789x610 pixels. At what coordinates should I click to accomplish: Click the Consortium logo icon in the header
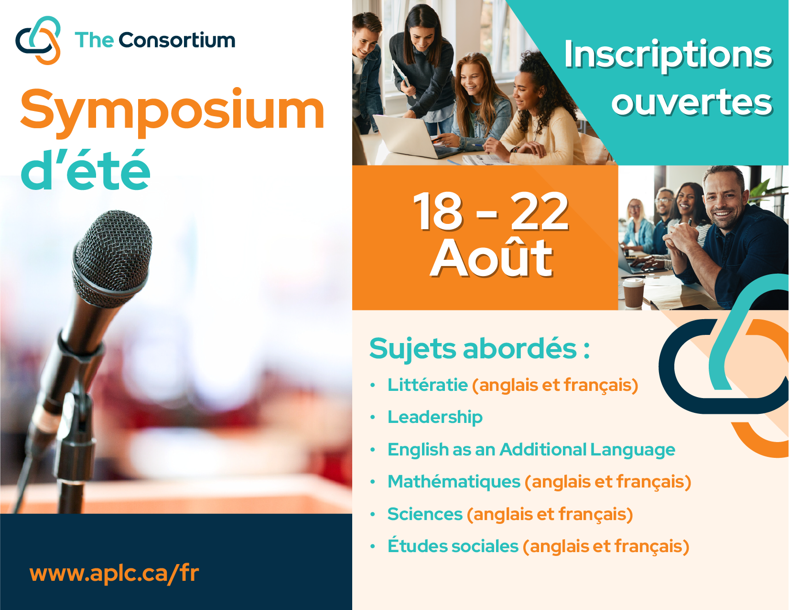38,40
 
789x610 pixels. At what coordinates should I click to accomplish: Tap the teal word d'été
86,170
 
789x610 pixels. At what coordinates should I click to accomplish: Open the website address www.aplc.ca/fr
114,573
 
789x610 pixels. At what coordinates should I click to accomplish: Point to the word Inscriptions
668,55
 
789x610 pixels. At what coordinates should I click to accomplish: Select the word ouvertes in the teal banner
692,102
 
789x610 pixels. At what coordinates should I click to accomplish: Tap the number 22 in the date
539,211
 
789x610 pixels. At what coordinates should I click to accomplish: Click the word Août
492,257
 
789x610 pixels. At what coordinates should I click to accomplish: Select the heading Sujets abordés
479,348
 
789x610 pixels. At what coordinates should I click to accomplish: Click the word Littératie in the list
428,385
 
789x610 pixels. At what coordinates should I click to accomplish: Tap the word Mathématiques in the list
454,482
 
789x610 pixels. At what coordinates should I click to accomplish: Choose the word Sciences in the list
425,514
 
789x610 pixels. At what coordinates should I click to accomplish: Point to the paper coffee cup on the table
633,293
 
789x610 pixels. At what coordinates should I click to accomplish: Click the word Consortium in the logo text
177,40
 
